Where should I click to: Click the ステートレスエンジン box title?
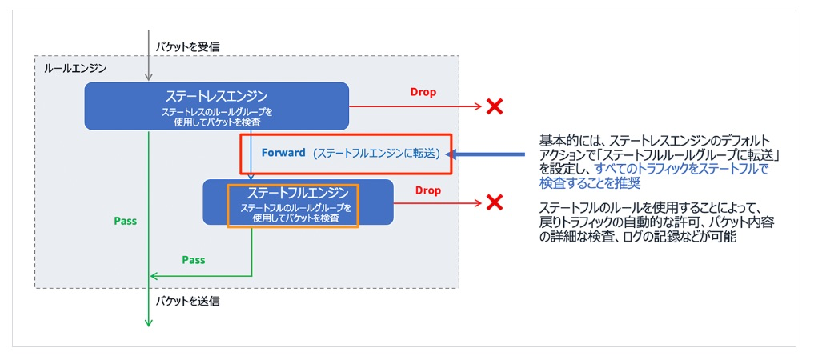click(216, 96)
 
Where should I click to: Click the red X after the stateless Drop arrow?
click(495, 106)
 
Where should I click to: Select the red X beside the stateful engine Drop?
click(495, 202)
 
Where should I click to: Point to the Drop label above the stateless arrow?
click(423, 92)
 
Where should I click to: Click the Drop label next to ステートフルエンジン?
click(428, 191)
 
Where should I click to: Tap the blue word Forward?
click(283, 153)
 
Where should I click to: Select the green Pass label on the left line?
click(126, 221)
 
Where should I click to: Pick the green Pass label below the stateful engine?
click(194, 260)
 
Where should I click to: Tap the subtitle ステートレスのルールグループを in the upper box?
click(217, 111)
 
